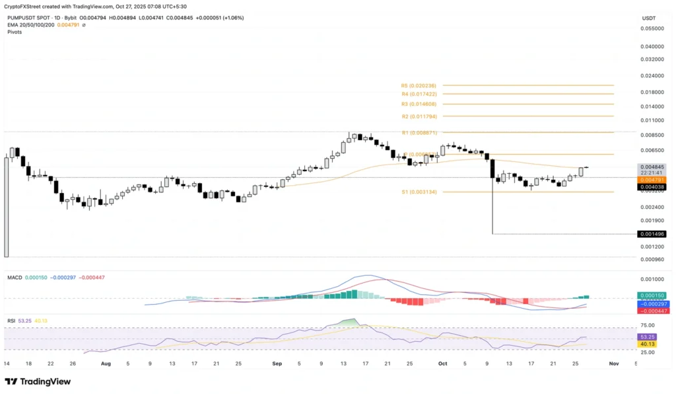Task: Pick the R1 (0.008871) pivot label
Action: [419, 133]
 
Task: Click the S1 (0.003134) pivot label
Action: [419, 192]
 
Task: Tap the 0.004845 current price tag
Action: [652, 167]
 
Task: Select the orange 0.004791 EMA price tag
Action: [652, 180]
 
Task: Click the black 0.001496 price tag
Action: [652, 234]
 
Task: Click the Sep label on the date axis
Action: [277, 363]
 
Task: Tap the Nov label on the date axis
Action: [613, 363]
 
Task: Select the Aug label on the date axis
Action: [105, 363]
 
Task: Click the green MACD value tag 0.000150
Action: [652, 295]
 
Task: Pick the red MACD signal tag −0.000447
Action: [652, 311]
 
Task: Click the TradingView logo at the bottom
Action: [38, 381]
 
